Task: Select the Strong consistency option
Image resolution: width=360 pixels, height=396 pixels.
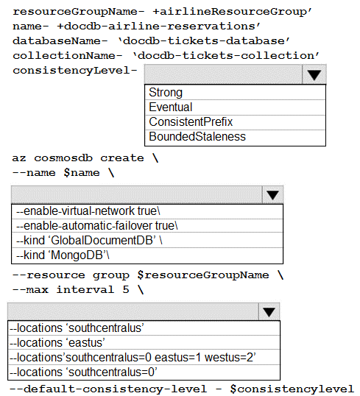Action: [166, 93]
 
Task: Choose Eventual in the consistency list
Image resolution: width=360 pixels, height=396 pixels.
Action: [171, 107]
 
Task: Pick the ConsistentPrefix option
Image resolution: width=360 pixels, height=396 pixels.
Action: [191, 121]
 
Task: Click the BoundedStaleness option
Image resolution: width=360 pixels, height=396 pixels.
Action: [197, 137]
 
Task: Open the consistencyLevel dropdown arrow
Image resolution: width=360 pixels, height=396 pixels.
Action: [314, 75]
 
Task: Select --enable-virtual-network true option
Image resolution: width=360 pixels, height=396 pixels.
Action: [88, 211]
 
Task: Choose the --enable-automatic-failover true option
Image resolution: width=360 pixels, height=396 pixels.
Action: [97, 226]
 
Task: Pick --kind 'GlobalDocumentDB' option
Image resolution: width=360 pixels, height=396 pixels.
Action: [89, 241]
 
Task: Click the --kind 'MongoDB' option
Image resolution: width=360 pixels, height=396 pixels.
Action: [63, 255]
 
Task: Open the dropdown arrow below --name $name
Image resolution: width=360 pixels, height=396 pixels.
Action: [272, 195]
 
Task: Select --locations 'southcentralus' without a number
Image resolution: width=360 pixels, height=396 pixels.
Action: [77, 328]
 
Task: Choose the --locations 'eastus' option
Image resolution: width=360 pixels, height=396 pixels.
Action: [57, 343]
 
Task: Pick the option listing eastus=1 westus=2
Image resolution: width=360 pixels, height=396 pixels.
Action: [133, 358]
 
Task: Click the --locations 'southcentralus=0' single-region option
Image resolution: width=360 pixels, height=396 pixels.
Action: [83, 372]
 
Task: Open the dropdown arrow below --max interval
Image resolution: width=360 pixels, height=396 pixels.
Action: [269, 311]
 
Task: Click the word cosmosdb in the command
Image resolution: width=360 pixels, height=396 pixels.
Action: [63, 158]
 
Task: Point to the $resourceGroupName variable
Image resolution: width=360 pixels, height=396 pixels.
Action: [203, 275]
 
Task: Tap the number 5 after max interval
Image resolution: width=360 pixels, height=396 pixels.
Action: [126, 290]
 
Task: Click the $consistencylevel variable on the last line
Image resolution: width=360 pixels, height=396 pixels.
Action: [292, 389]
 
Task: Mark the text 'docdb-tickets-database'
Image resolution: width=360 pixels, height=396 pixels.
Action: [204, 41]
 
